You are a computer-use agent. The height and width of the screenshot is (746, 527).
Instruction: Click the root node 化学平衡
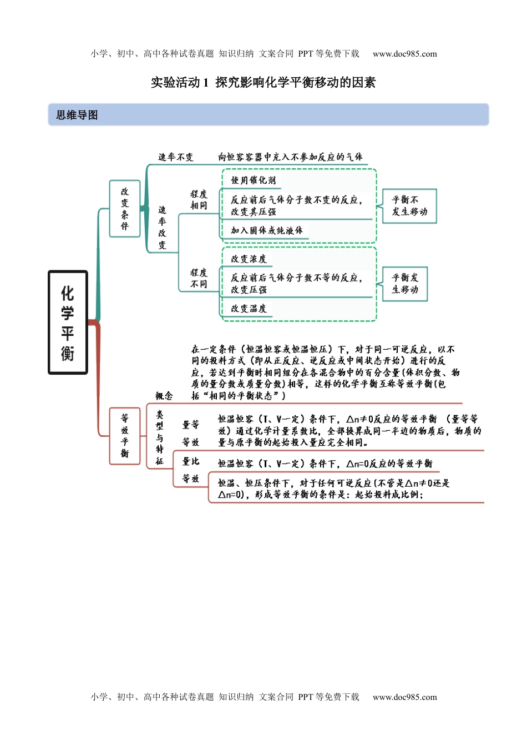[68, 322]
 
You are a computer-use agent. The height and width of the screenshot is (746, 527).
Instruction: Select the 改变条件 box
[125, 209]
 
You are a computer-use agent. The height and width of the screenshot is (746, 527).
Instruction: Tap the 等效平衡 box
[125, 436]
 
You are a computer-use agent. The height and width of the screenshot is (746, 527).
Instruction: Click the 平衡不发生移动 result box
[409, 206]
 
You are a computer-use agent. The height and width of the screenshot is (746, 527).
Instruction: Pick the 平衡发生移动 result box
[405, 284]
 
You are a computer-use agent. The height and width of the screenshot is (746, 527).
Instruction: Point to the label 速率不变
[176, 157]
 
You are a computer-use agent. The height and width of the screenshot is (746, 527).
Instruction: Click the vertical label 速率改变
[162, 227]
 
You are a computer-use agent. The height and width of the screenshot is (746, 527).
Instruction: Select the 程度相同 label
[199, 200]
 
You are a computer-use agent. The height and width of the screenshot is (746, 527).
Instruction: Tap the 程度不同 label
[199, 278]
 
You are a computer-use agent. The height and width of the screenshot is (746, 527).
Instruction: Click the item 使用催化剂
[254, 180]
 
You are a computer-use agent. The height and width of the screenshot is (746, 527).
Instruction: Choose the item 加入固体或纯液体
[267, 230]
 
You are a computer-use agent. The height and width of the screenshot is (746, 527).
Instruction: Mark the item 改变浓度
[249, 259]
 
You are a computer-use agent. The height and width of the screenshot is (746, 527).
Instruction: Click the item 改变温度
[249, 309]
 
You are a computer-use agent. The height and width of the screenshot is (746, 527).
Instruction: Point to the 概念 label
[164, 396]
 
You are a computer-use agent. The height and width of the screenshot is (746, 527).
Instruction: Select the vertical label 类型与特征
[160, 437]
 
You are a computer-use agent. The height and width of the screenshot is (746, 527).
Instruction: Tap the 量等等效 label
[191, 433]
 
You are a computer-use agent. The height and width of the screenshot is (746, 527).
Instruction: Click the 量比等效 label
[191, 470]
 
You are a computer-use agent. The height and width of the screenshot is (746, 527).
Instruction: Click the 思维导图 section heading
[77, 115]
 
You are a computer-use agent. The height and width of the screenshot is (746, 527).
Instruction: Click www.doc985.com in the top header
[405, 54]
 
